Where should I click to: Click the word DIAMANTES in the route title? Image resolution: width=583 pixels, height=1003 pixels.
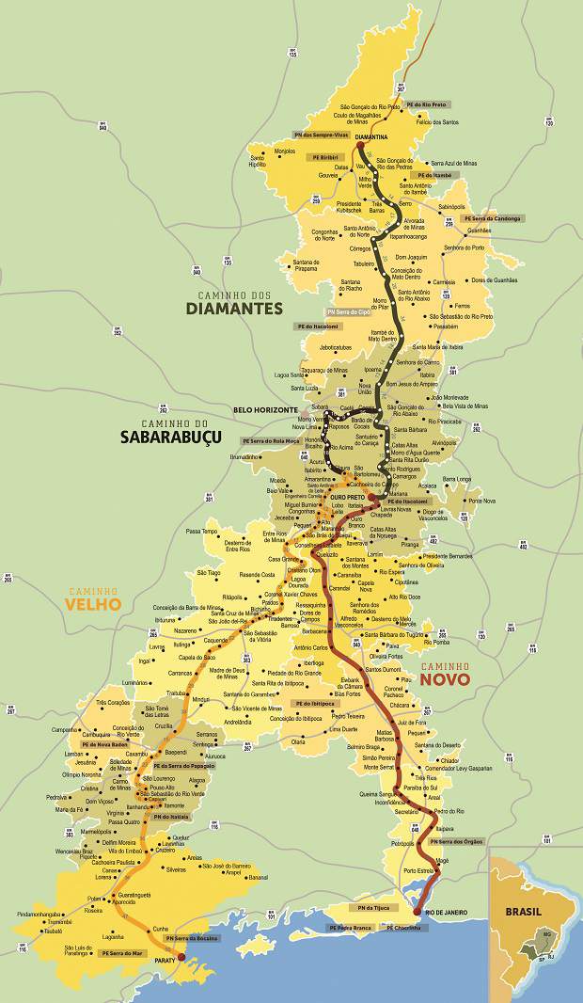pos(234,308)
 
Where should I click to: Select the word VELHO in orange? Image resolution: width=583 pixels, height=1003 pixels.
pos(93,604)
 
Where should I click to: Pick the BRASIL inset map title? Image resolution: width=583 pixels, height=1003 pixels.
pos(524,885)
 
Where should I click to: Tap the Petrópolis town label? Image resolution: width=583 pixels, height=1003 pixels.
pos(402,843)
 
